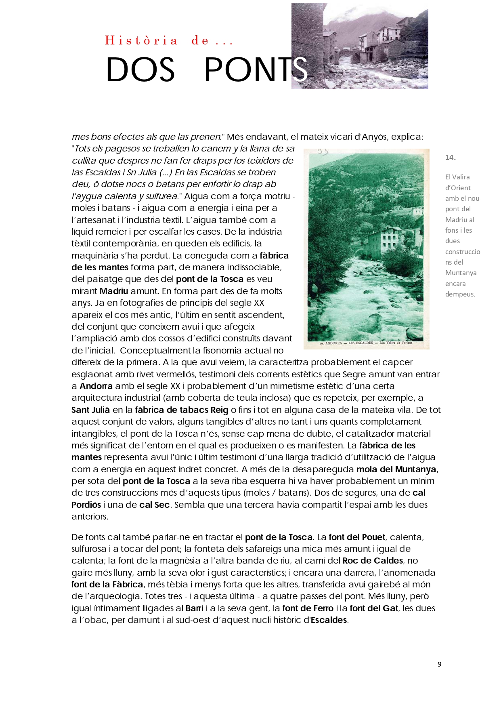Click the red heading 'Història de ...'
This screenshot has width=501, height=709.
point(169,40)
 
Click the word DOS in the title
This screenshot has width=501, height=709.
point(140,70)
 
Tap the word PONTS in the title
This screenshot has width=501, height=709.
point(256,70)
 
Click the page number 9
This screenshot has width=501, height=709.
point(439,664)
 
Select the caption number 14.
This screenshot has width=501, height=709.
point(450,158)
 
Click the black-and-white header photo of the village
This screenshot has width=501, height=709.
point(360,46)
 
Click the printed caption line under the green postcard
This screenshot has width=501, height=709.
point(366,343)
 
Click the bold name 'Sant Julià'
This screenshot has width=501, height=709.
point(90,410)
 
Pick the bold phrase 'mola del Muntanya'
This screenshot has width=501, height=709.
point(396,469)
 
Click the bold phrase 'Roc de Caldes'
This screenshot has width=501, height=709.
point(373,560)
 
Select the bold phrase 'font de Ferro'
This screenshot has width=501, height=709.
point(308,608)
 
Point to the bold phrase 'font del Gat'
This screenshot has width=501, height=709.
point(374,608)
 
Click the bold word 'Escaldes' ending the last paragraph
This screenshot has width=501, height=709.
point(329,620)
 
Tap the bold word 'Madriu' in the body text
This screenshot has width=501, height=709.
point(114,291)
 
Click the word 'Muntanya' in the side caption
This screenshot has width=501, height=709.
point(461,273)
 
